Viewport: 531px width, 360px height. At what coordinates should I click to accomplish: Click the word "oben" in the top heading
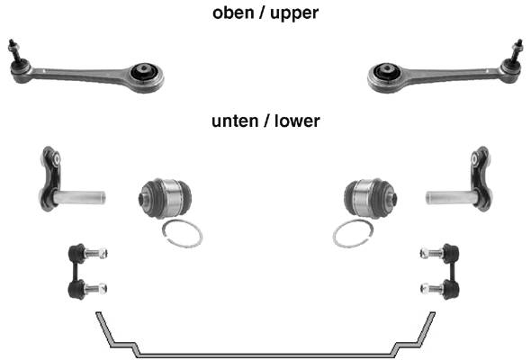[x=233, y=13]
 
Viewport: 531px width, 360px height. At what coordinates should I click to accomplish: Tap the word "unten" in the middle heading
[x=235, y=121]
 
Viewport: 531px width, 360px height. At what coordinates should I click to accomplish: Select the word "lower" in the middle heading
[x=297, y=121]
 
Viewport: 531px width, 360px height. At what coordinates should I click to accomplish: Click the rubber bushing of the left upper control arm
[x=143, y=72]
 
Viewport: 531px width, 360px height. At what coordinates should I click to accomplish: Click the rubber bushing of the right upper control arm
[x=387, y=72]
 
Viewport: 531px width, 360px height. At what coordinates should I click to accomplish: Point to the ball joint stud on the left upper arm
[x=14, y=49]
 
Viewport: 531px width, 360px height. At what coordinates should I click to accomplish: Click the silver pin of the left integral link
[x=80, y=197]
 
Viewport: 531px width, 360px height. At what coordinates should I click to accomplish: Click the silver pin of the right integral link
[x=451, y=197]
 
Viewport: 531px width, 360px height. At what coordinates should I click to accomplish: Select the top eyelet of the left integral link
[x=56, y=158]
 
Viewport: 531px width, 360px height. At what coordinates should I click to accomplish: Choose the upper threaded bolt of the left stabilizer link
[x=95, y=253]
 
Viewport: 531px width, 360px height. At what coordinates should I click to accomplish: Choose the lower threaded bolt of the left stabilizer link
[x=95, y=289]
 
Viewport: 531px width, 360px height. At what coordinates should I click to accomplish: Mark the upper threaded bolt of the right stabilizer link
[x=432, y=253]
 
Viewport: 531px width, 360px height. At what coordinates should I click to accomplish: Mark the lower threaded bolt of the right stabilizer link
[x=432, y=289]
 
